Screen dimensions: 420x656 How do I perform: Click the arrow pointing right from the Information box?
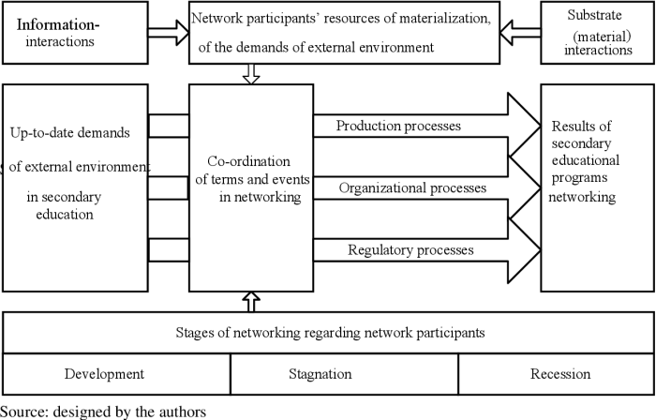(x=168, y=34)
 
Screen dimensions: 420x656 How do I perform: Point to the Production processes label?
(x=398, y=126)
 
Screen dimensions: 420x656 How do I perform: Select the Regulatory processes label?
(x=410, y=249)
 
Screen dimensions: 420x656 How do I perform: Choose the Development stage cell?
(x=104, y=374)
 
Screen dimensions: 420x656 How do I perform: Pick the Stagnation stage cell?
(x=320, y=374)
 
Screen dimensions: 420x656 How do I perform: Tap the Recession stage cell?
(x=560, y=374)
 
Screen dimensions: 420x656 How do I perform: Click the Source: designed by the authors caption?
(x=103, y=411)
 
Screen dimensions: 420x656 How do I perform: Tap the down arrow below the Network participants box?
(x=250, y=74)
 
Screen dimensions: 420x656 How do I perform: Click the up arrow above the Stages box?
(x=250, y=300)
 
